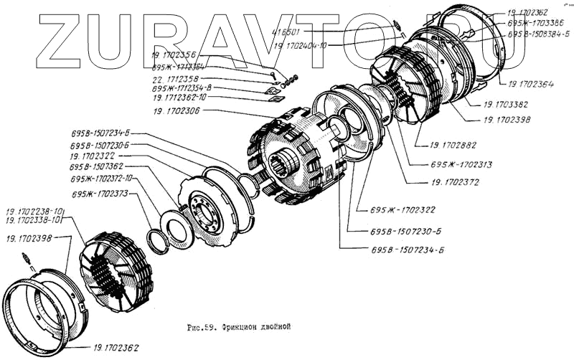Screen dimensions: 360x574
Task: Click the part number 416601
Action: click(x=286, y=32)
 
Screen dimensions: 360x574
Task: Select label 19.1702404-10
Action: click(x=301, y=44)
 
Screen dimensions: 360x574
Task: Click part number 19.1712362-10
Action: click(x=179, y=98)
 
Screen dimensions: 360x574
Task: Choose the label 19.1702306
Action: click(x=176, y=111)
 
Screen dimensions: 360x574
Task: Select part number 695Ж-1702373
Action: click(x=100, y=194)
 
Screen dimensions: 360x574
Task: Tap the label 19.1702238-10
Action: click(x=35, y=212)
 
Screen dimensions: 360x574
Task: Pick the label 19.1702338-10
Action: click(x=35, y=220)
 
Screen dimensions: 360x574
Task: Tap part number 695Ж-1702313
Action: click(x=461, y=164)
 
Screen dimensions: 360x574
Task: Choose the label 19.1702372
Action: click(x=456, y=182)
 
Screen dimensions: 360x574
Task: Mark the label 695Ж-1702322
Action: click(x=404, y=210)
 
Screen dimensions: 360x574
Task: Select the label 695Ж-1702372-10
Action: click(x=102, y=179)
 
